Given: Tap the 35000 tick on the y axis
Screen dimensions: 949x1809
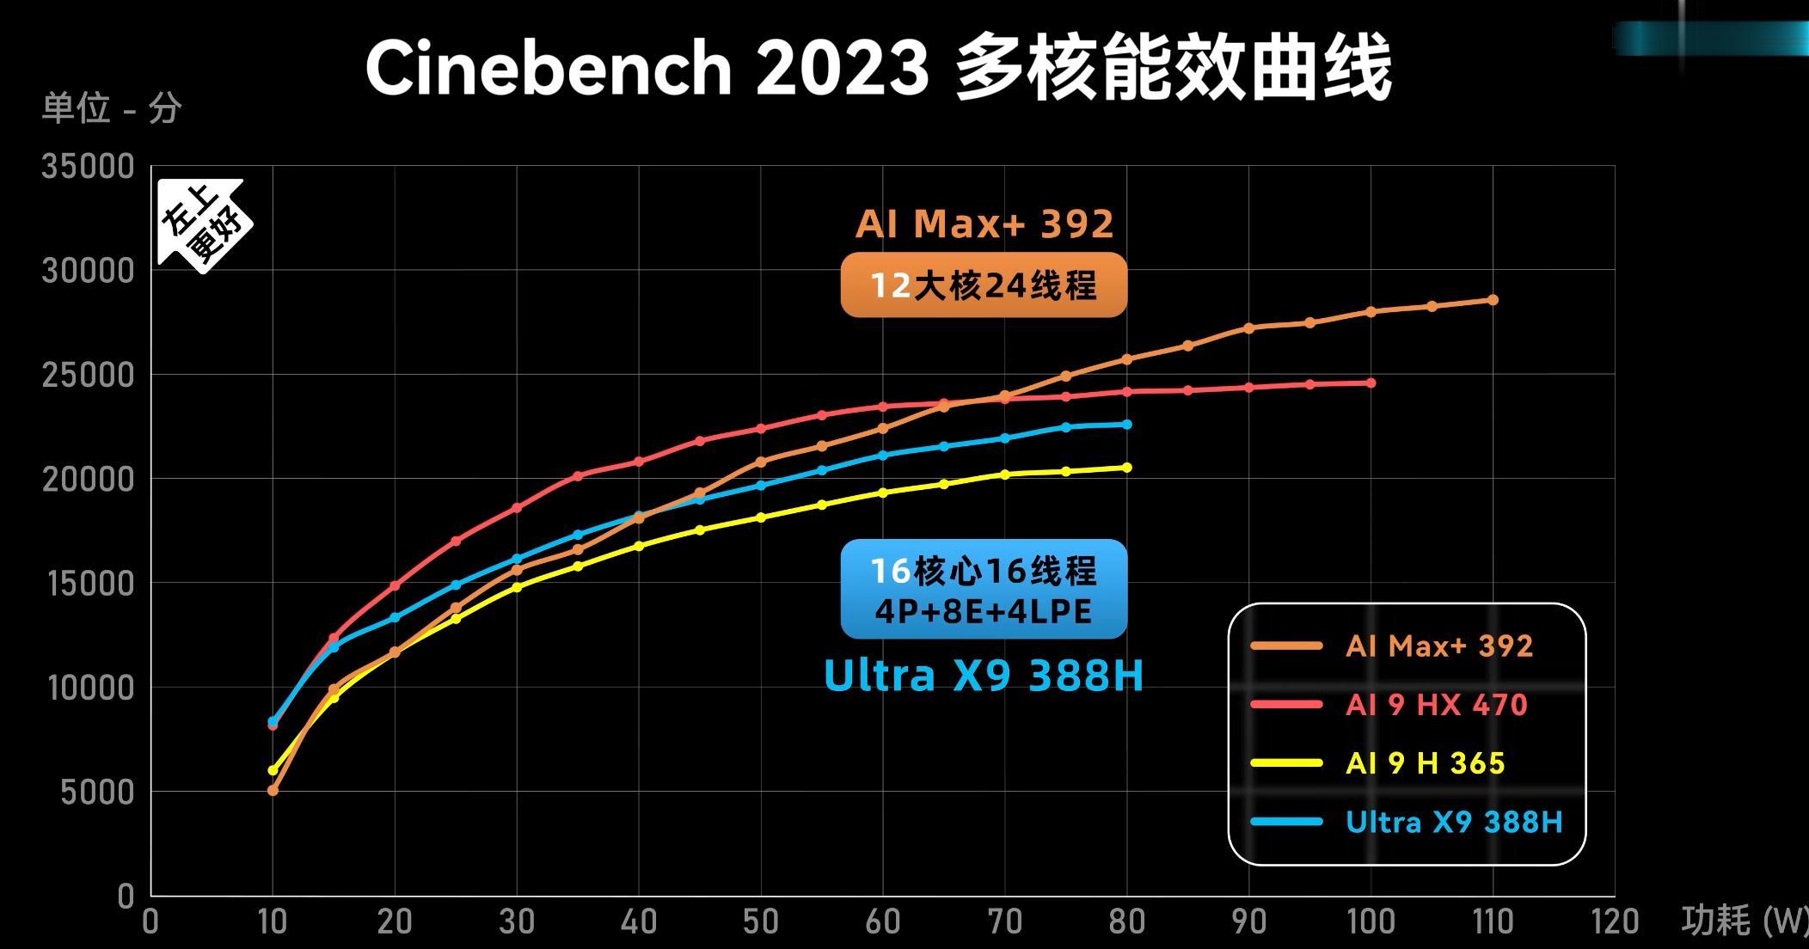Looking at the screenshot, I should coord(88,167).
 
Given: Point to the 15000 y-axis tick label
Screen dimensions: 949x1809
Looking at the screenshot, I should coord(88,584).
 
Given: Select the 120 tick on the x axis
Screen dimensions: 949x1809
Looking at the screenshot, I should coord(1614,922).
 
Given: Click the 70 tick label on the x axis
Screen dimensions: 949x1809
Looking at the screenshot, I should coord(1004,922).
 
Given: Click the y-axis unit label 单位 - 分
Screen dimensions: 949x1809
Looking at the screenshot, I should coord(112,109).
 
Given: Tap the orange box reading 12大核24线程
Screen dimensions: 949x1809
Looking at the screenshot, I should coord(984,285).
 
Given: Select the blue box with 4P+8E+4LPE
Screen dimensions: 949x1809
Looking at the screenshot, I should coord(984,590).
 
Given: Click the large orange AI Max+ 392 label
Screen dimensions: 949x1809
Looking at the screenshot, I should coord(984,224).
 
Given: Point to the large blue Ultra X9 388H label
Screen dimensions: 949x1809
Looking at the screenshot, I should coord(984,676).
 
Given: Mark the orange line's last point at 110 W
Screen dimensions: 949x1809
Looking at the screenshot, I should coord(1493,300).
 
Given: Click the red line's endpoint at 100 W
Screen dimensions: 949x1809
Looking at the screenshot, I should coord(1371,383).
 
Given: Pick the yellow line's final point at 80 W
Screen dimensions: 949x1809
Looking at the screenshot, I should coord(1127,468).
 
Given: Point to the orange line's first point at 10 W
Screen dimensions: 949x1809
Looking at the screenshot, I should coord(273,790).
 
